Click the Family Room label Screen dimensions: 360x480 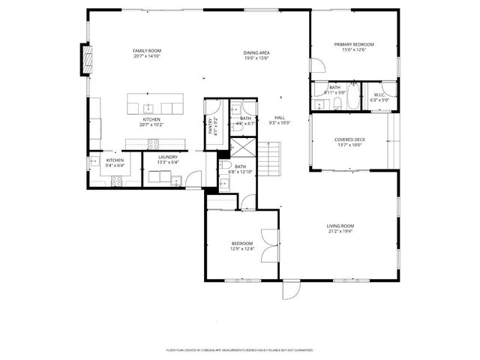(x=148, y=50)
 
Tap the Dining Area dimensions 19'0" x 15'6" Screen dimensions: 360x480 (x=256, y=58)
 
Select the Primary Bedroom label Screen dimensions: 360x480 (x=354, y=44)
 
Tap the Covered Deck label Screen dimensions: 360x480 (x=349, y=139)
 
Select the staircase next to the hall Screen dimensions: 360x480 (x=268, y=157)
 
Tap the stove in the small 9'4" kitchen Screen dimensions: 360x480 (x=117, y=178)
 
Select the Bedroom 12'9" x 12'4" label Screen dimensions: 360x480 (x=241, y=244)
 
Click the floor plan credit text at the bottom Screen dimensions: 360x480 (x=240, y=350)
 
